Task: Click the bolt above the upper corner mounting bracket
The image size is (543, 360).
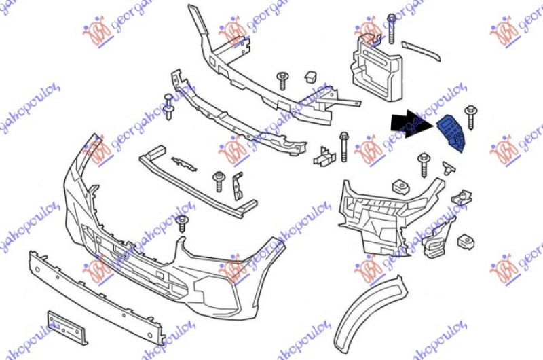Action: [x=391, y=23]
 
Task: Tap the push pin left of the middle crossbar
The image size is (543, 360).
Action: [x=169, y=107]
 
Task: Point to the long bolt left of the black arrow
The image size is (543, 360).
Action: [x=344, y=145]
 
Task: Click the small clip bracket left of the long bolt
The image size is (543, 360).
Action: [x=324, y=157]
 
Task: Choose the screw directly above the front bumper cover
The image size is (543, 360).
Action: [x=182, y=225]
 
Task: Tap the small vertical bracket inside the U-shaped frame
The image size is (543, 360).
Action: [x=238, y=186]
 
